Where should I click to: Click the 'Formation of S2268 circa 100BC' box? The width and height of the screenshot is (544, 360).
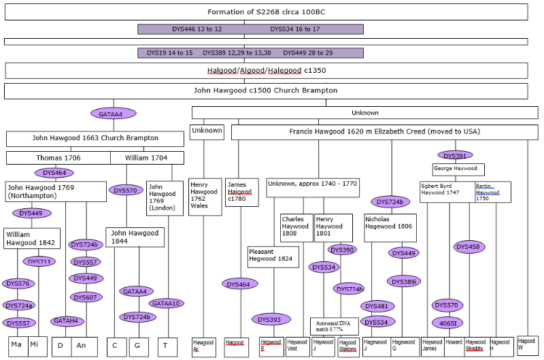pos(266,12)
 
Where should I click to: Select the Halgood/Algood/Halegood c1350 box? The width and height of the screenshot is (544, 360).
pos(266,71)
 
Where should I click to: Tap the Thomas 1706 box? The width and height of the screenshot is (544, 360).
pos(58,158)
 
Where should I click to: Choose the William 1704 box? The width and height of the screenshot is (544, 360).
pos(147,158)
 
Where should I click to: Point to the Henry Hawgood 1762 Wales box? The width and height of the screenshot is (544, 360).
pos(205,197)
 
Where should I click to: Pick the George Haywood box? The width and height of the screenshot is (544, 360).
pos(458,168)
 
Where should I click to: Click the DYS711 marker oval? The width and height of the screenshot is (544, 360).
pos(39,261)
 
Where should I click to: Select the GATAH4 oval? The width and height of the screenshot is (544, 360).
pos(67,321)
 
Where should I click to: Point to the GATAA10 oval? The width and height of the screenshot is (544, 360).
pos(166,303)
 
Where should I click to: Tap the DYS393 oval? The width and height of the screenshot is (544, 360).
pos(271,319)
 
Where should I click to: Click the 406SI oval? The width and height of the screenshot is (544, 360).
pos(448,322)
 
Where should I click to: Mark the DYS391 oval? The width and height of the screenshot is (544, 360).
pos(455,154)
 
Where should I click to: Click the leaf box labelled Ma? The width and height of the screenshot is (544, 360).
pos(17,346)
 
